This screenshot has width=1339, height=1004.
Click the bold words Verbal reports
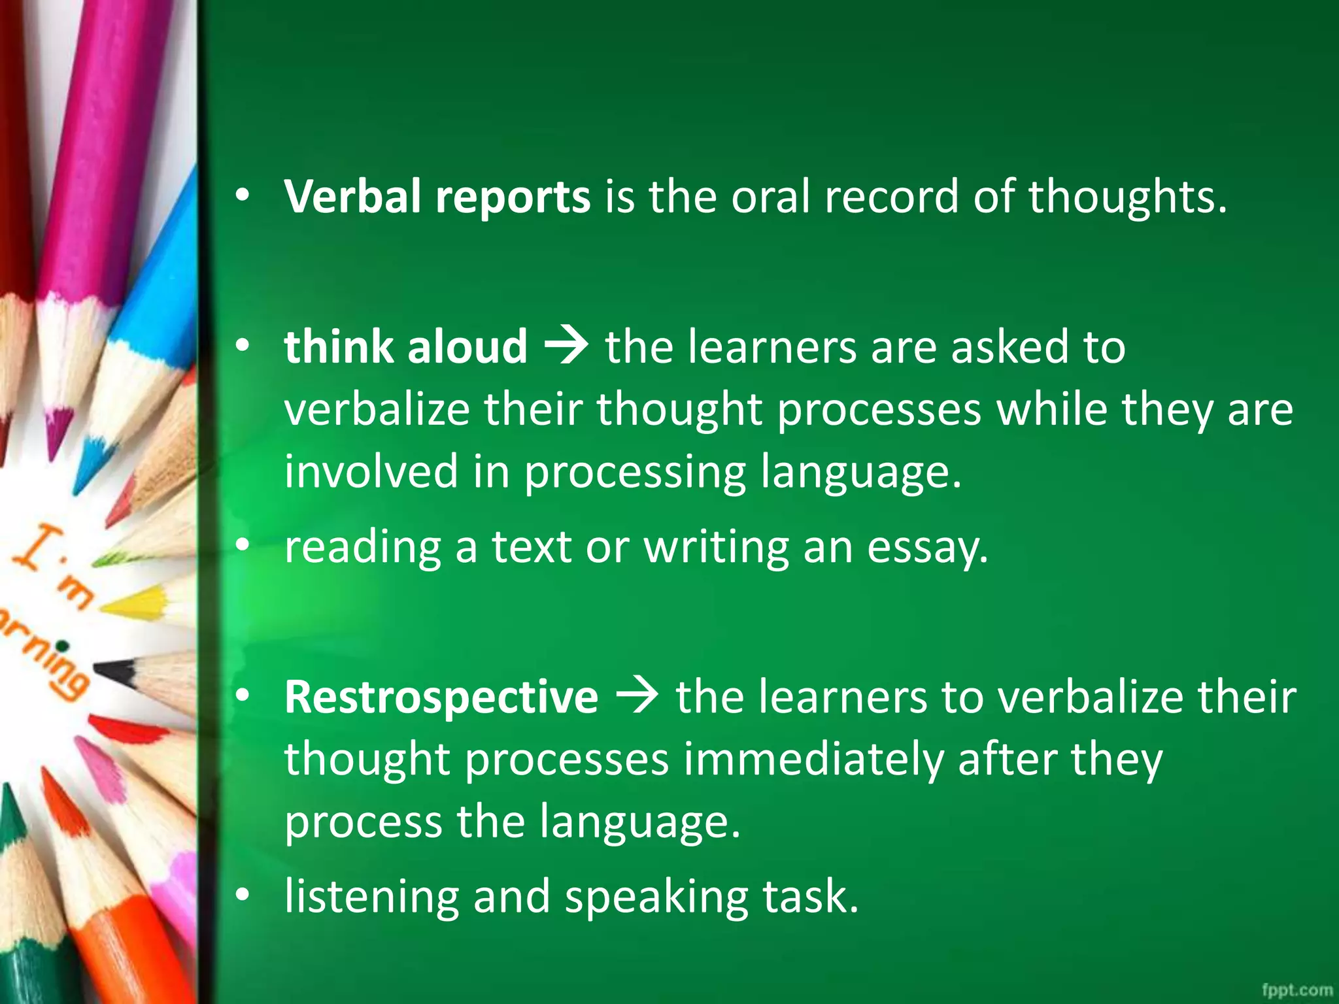coord(437,197)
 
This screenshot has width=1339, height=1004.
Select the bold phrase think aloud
coord(405,346)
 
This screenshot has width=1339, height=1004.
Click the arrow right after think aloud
coord(566,346)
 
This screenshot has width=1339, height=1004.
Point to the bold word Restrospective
coord(441,697)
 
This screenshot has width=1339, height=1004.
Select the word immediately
coord(813,760)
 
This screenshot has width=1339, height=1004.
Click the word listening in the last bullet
coord(371,897)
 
